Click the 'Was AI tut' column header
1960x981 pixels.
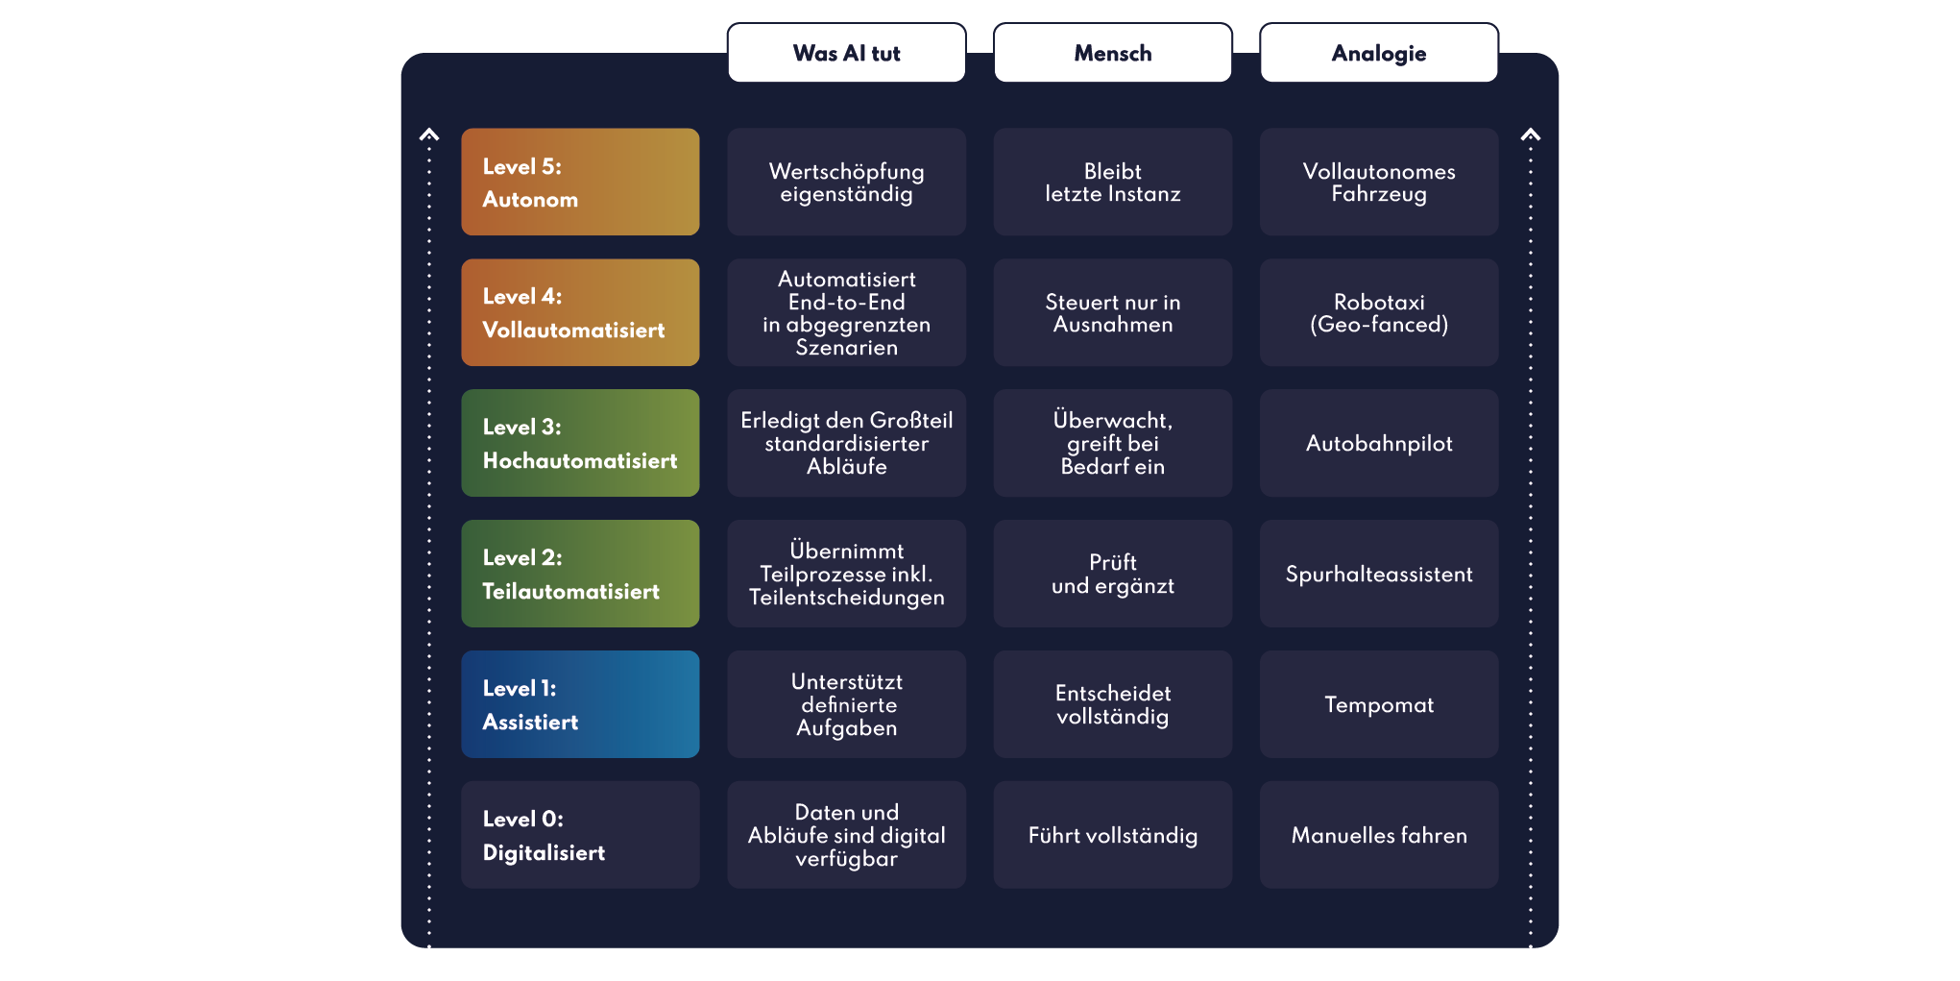(846, 53)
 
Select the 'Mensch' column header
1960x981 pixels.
(1112, 53)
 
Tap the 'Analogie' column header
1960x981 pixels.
(1379, 53)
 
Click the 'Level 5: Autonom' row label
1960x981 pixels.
(580, 182)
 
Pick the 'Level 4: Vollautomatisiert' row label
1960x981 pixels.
(580, 312)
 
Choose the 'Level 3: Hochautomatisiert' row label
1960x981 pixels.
(580, 443)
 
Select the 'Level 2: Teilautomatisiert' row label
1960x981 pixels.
(580, 574)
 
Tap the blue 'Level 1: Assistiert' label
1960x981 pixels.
(580, 704)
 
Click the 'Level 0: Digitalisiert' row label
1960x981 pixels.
(580, 835)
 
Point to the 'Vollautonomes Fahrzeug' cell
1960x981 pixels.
(1379, 182)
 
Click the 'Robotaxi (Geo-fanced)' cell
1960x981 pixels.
(1379, 312)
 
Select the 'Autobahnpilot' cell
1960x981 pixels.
(1379, 443)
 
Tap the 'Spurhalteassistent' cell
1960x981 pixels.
(1379, 574)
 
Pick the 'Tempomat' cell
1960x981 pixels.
(1379, 704)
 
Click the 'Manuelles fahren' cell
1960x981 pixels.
(1379, 835)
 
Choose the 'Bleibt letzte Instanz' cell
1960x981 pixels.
(1112, 182)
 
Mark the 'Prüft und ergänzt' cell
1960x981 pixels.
(1112, 574)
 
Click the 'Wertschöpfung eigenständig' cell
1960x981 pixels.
(846, 182)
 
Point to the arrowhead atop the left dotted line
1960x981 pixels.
(429, 135)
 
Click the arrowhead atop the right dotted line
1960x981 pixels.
(1531, 135)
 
